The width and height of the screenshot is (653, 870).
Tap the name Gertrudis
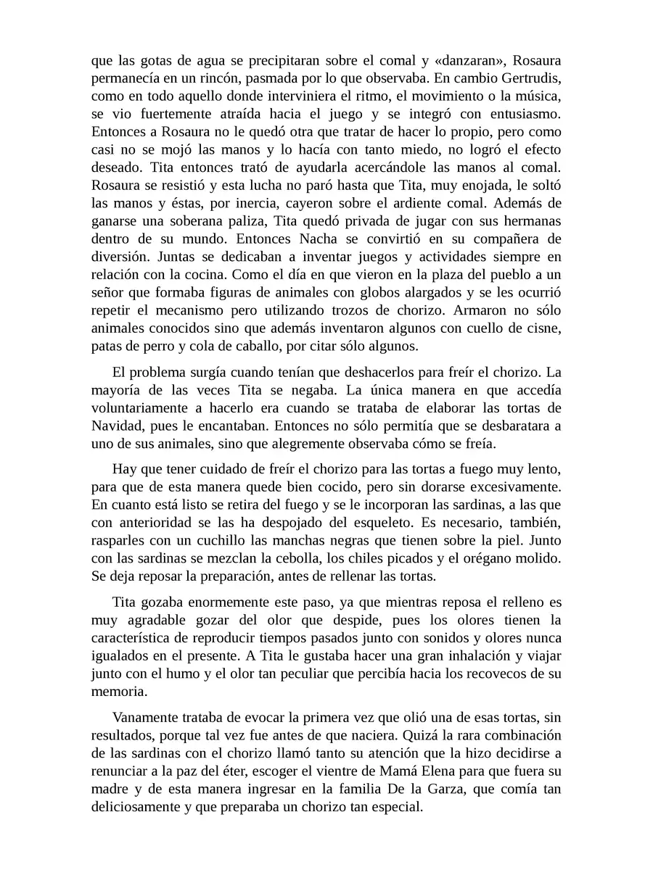click(527, 78)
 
